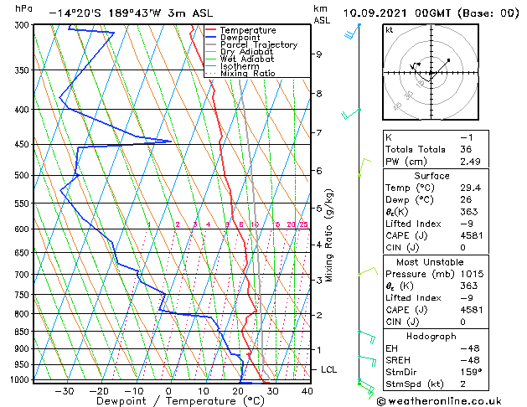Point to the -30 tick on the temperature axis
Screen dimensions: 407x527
(65, 391)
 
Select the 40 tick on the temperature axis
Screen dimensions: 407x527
(307, 391)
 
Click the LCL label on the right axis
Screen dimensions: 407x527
(330, 369)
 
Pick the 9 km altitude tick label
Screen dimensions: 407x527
(319, 54)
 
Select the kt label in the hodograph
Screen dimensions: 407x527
(389, 29)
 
